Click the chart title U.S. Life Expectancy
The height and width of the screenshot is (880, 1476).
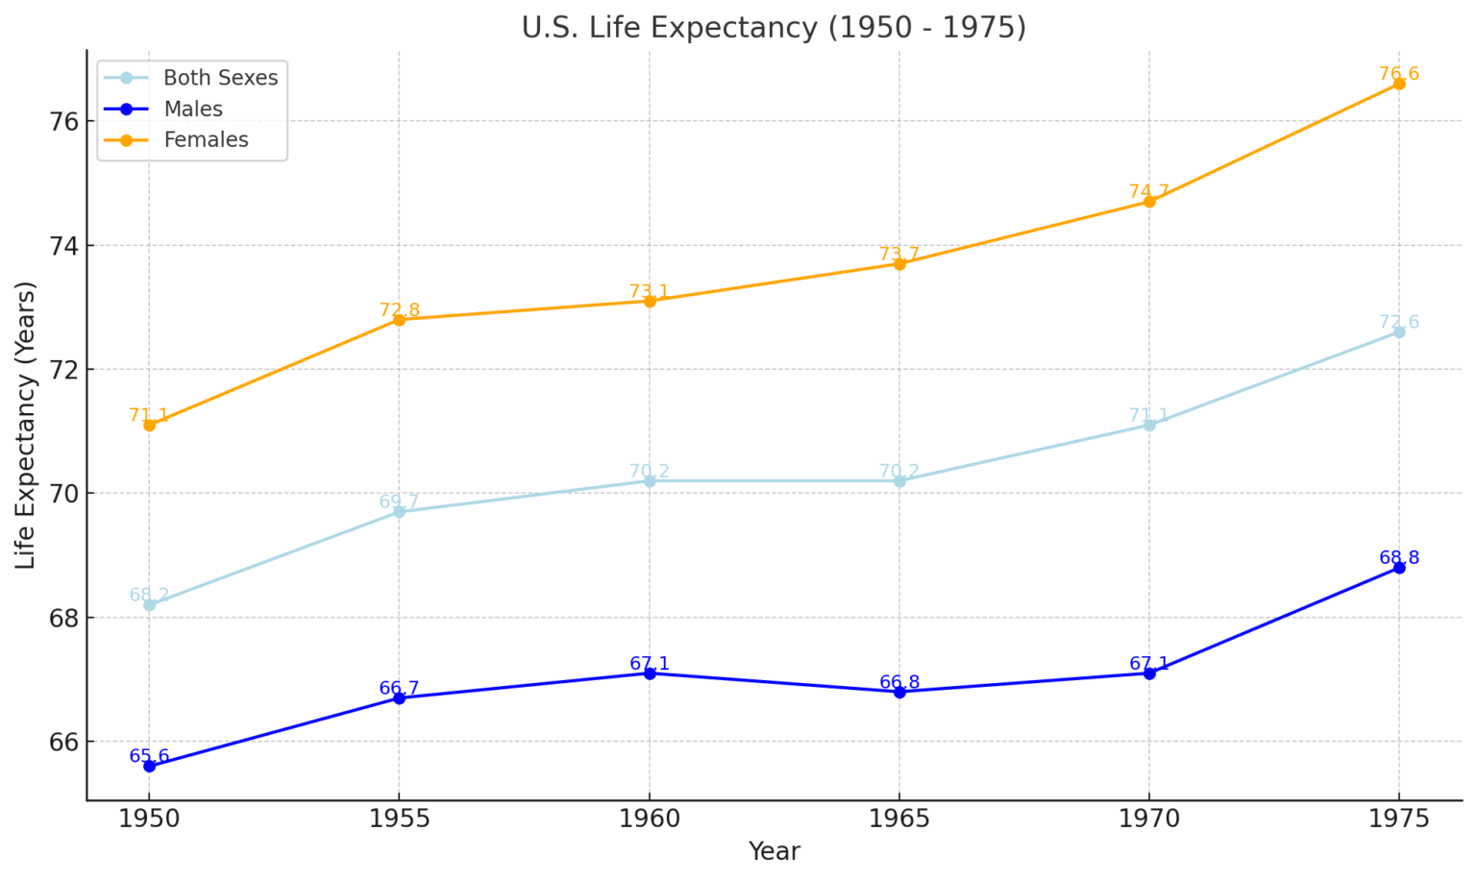click(x=774, y=27)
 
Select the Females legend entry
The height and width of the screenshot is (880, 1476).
click(x=206, y=140)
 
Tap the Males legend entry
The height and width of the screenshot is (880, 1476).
click(x=193, y=110)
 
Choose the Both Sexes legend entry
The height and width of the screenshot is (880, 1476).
click(x=220, y=78)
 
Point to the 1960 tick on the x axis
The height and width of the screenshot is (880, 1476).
click(x=650, y=819)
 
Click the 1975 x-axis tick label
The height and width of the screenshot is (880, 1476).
click(x=1399, y=819)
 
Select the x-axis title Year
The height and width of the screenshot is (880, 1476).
click(x=774, y=851)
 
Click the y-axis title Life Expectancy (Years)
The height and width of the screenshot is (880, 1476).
click(x=26, y=425)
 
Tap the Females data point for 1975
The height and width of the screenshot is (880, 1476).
click(x=1399, y=84)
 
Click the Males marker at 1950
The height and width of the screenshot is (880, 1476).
click(x=149, y=767)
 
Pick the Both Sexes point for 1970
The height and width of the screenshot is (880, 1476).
click(x=1149, y=425)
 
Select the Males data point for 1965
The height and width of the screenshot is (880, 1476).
click(x=899, y=692)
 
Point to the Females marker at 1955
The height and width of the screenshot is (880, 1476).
click(x=399, y=320)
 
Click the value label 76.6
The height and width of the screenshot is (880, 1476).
click(x=1399, y=74)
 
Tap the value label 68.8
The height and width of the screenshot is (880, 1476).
click(x=1399, y=558)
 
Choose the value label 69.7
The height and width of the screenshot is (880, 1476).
click(x=399, y=502)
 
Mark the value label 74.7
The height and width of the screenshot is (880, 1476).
click(x=1149, y=192)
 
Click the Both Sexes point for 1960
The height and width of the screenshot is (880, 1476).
click(x=650, y=480)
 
